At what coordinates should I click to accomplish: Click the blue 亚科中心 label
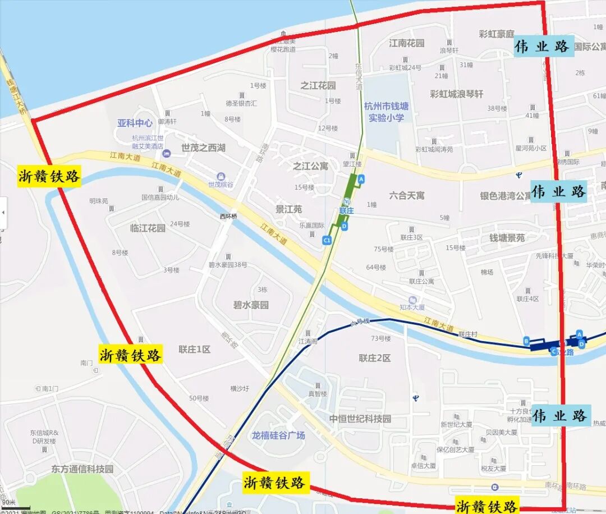tap(135, 123)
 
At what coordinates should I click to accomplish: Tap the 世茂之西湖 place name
tap(203, 148)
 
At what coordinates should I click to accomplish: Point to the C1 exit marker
tap(327, 240)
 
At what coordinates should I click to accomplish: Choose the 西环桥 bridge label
tap(228, 216)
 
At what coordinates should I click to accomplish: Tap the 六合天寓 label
tap(407, 195)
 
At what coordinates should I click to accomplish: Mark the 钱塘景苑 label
tap(507, 238)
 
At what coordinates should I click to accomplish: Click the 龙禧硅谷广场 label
tap(278, 435)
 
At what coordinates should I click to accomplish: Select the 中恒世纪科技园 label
tap(360, 419)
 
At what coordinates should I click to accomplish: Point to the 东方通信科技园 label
tap(82, 469)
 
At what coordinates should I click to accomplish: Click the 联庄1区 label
tap(195, 349)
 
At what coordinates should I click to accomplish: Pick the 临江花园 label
tap(148, 228)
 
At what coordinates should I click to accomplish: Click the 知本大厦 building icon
tap(413, 300)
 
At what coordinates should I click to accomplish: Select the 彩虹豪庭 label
tap(497, 34)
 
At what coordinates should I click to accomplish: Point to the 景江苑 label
tap(288, 209)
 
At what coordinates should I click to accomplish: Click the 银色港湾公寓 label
tap(505, 196)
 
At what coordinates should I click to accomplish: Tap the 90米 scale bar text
tap(8, 502)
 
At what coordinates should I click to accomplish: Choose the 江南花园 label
tap(407, 43)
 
